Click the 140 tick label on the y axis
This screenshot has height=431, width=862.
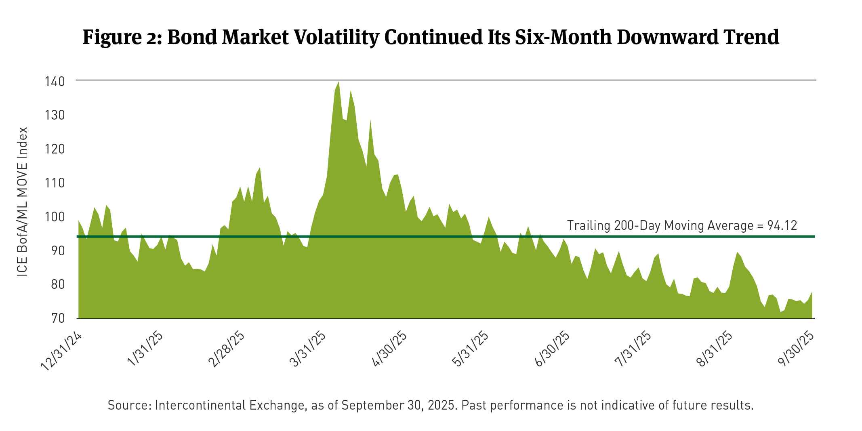[55, 82]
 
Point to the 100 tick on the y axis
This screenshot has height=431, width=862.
[55, 217]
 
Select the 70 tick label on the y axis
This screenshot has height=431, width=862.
[58, 318]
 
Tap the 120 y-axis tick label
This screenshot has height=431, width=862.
[55, 149]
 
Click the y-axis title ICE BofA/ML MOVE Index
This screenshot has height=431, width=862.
[22, 202]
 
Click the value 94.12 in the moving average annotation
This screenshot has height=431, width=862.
[782, 225]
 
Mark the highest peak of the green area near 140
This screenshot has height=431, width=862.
[338, 82]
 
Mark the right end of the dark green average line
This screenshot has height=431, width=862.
[814, 236]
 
